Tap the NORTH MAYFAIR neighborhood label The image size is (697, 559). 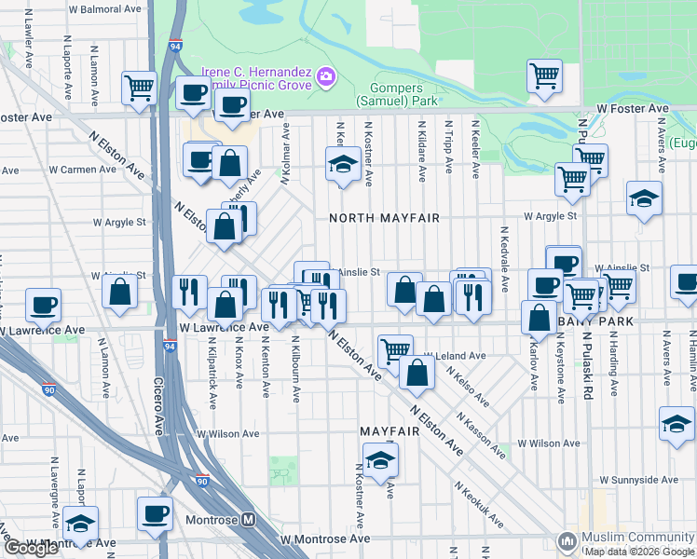click(383, 218)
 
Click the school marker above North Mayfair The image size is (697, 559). click(343, 164)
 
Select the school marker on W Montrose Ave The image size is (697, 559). click(81, 524)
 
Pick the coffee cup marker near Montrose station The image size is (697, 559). click(155, 513)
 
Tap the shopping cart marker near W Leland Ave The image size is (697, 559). click(395, 350)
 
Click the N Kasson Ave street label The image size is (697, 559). click(483, 438)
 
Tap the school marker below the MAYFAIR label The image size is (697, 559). click(380, 459)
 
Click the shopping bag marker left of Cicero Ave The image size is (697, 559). click(121, 291)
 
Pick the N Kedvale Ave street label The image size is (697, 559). click(504, 252)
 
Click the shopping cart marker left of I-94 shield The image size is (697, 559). click(139, 89)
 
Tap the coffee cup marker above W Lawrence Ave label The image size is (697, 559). click(43, 304)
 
